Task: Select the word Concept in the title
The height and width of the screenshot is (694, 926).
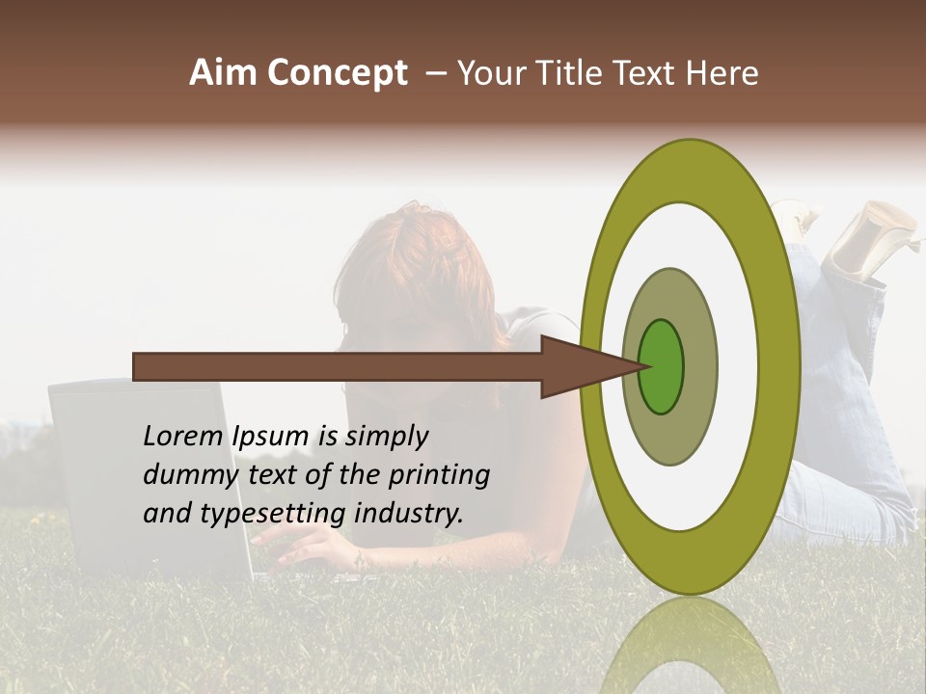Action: point(337,73)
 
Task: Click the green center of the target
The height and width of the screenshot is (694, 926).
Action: point(662,366)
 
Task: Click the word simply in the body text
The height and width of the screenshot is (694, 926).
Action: point(387,437)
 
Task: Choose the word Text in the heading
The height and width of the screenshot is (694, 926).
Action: point(646,73)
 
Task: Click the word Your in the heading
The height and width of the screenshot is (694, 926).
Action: point(488,73)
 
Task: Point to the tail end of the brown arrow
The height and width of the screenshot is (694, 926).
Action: point(138,366)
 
